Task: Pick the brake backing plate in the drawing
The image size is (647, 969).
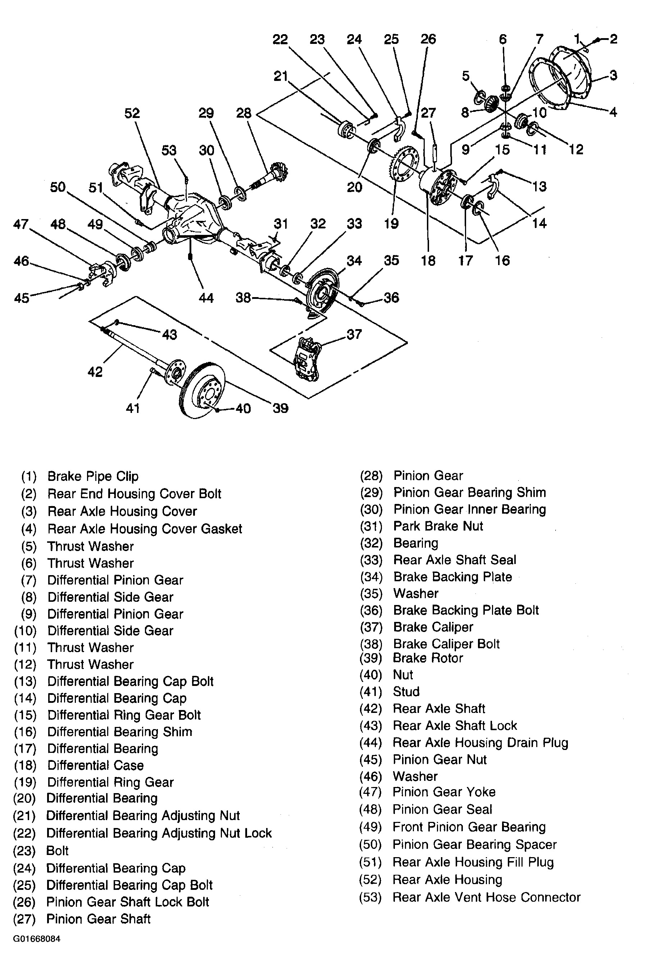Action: [x=322, y=291]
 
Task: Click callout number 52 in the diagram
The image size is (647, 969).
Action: [x=132, y=114]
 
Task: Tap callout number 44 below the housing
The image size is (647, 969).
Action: [x=206, y=297]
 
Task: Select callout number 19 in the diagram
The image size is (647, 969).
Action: [x=391, y=224]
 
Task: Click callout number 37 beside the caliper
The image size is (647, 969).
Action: [x=354, y=334]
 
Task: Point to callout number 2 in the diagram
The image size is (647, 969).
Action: [x=613, y=39]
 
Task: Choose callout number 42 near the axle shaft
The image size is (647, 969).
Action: [x=95, y=372]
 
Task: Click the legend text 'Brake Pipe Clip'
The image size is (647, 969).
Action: [x=93, y=476]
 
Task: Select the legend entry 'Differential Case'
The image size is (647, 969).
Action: [x=95, y=765]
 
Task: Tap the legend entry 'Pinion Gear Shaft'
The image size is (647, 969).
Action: [x=98, y=919]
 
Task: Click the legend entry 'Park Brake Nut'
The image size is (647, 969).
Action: [x=438, y=526]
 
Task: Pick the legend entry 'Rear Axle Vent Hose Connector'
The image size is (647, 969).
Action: [x=486, y=897]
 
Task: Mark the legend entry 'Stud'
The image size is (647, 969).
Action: [x=406, y=692]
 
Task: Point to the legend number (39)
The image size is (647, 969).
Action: [x=370, y=658]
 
